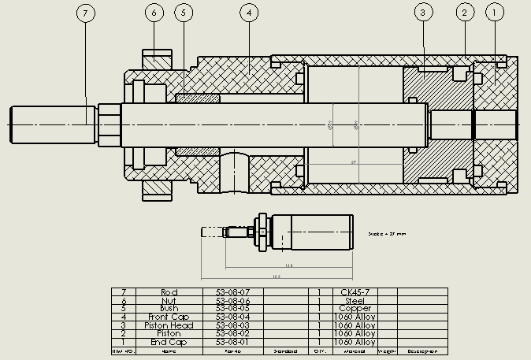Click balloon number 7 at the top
click(x=87, y=13)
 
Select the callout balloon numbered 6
click(x=154, y=13)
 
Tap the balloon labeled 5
click(x=184, y=13)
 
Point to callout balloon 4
click(x=248, y=13)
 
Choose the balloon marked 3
click(x=423, y=13)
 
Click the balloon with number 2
click(x=465, y=13)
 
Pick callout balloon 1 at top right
click(x=495, y=13)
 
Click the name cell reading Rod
click(x=169, y=292)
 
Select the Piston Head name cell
click(x=169, y=325)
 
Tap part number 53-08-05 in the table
click(x=232, y=309)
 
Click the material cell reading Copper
click(x=355, y=309)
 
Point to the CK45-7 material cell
click(x=355, y=292)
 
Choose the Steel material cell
click(x=355, y=300)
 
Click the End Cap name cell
click(x=169, y=342)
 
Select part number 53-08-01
click(x=232, y=342)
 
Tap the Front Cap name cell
click(x=169, y=317)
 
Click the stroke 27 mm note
click(x=388, y=234)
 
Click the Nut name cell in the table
click(x=169, y=300)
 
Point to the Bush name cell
click(x=169, y=309)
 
